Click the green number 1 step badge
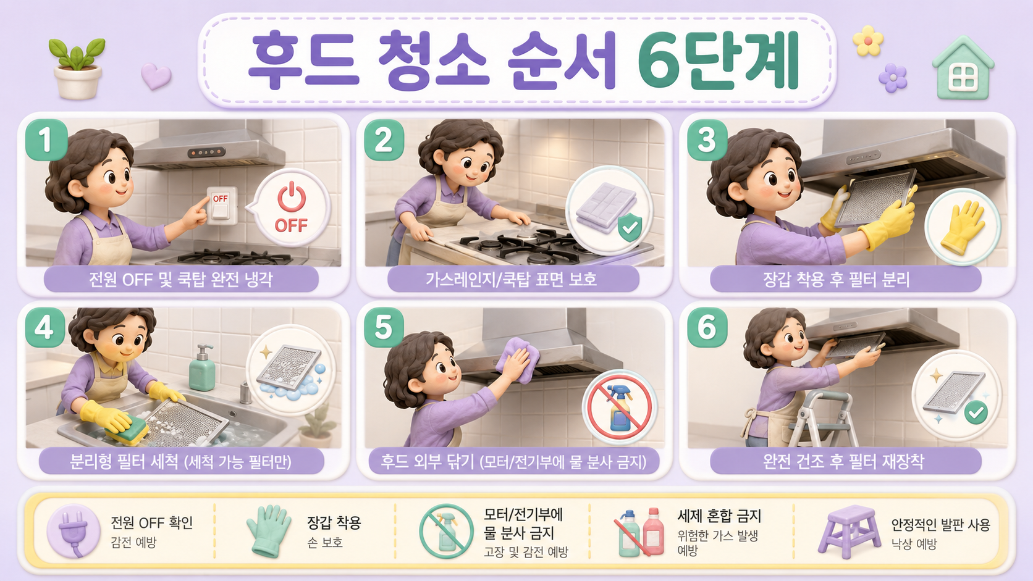point(46,140)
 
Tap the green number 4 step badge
point(44,328)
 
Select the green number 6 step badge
point(707,328)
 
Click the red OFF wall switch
point(221,206)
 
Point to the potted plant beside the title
point(77,69)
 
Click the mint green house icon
point(963,68)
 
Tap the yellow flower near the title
point(868,41)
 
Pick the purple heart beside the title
point(156,76)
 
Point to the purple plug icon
point(74,531)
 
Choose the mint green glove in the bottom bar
point(268,531)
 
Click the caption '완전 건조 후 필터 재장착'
point(843,461)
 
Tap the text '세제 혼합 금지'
point(719,516)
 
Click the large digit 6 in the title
point(661,61)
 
